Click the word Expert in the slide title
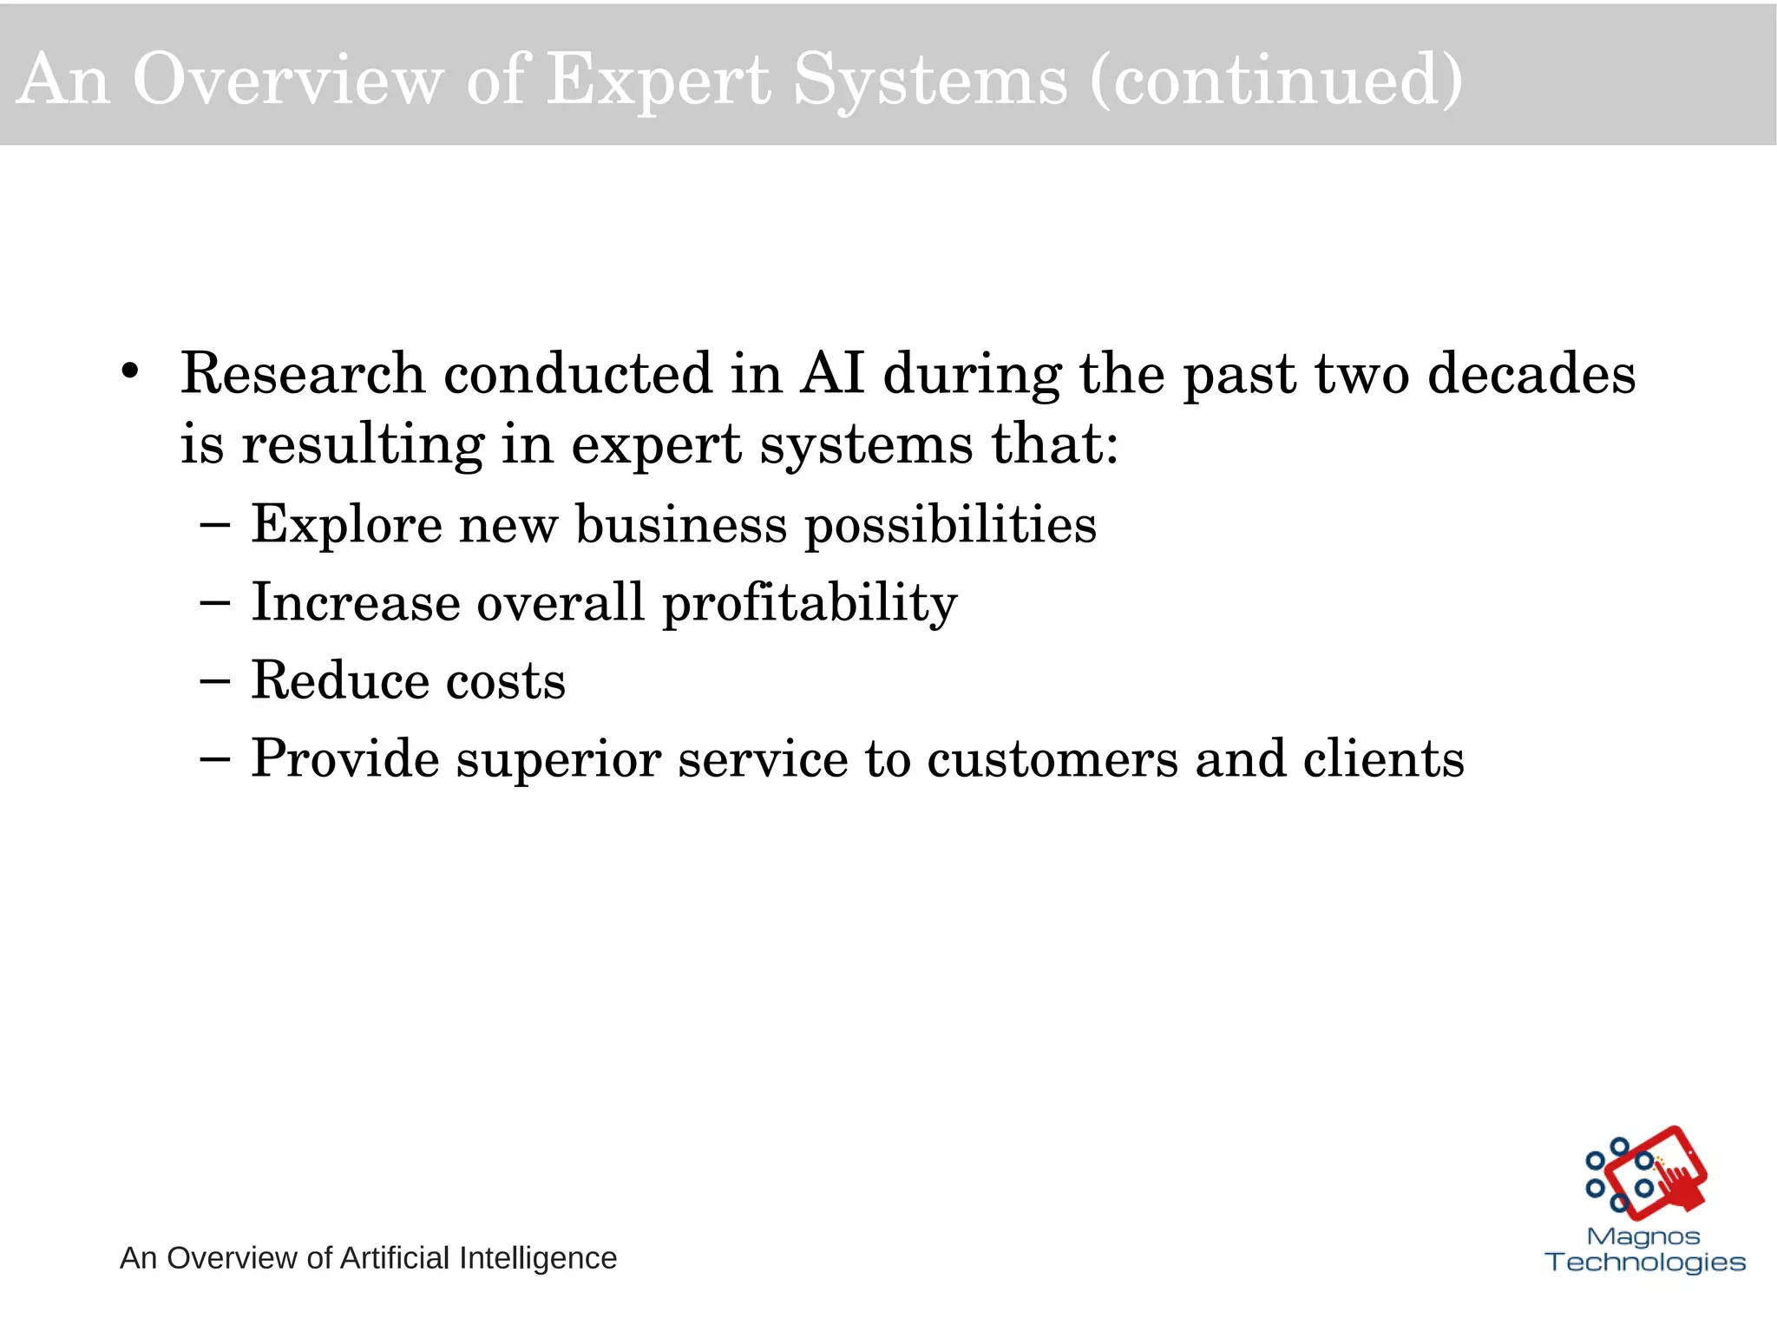click(659, 80)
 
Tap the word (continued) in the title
click(1276, 80)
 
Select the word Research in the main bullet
click(303, 374)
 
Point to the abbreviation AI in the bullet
click(832, 374)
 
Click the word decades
click(1531, 374)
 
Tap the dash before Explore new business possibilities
click(214, 525)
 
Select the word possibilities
click(950, 526)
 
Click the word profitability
click(810, 604)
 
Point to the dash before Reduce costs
click(214, 681)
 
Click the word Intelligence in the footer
click(537, 1257)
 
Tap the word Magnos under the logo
click(1643, 1237)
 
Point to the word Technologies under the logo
click(1645, 1262)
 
